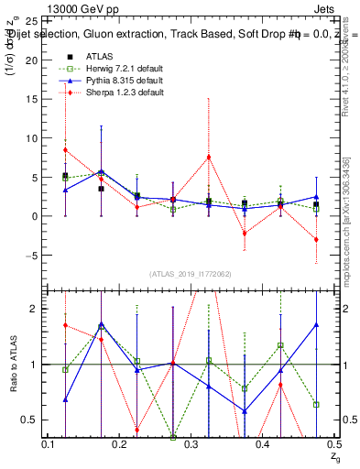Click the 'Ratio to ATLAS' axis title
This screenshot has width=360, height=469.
point(13,365)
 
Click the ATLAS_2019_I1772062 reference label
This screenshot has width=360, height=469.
point(189,273)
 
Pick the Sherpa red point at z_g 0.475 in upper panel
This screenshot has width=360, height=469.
point(316,239)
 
